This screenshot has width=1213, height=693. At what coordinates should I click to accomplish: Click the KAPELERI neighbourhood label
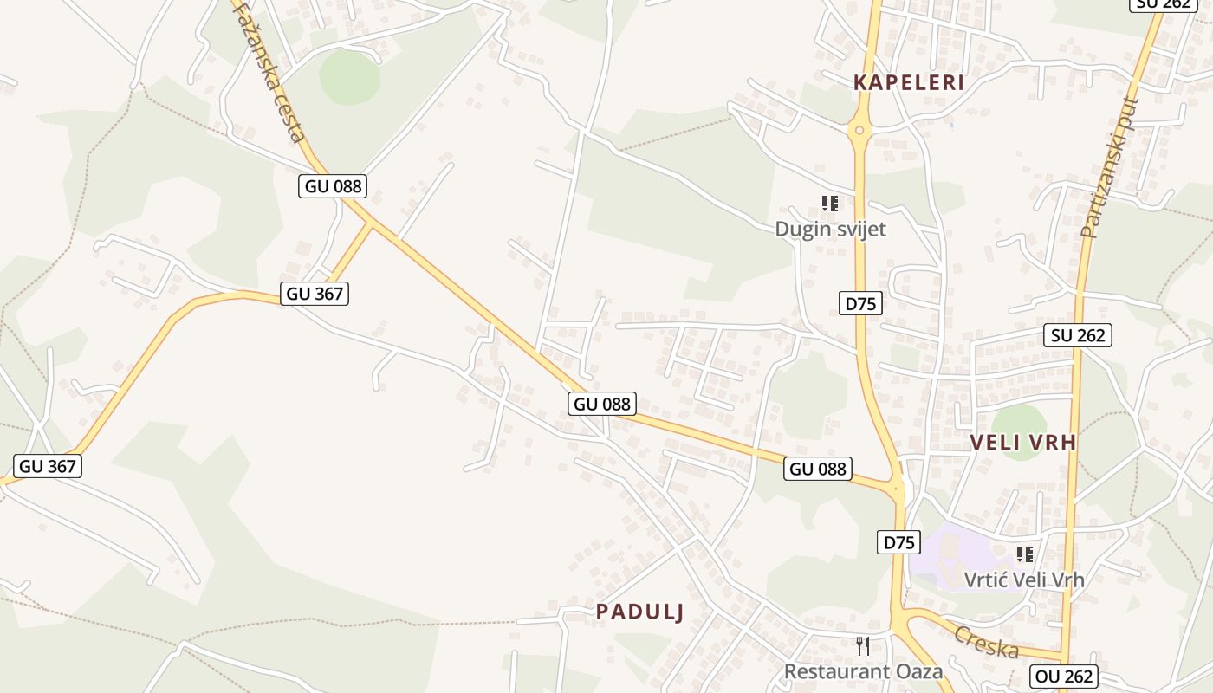coord(909,83)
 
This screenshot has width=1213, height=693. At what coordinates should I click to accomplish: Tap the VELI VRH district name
coord(1022,443)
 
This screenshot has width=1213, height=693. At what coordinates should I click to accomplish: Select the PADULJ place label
coord(639,612)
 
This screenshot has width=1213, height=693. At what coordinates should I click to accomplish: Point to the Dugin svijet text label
coord(830,230)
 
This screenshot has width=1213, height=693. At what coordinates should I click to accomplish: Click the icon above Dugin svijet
coord(830,204)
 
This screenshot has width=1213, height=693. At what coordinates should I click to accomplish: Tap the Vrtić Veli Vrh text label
coord(1024,580)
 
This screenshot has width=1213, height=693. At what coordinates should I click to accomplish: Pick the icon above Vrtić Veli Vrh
coord(1025,554)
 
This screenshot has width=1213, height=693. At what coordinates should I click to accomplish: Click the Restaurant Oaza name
coord(863,671)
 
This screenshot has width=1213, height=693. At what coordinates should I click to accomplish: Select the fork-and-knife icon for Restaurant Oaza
coord(862,645)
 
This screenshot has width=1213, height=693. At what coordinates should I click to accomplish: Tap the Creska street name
coord(986,642)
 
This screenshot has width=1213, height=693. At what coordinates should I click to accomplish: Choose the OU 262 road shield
coord(1065,677)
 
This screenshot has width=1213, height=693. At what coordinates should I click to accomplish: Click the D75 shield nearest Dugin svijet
coord(860,303)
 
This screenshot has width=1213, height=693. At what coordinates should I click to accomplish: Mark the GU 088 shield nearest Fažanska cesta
coord(333,185)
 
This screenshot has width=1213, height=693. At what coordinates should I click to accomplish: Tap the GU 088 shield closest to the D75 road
coord(818,469)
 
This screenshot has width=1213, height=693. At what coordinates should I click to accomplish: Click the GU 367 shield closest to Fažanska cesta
coord(315,294)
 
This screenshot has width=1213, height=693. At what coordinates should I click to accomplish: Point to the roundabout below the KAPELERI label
coord(859,131)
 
